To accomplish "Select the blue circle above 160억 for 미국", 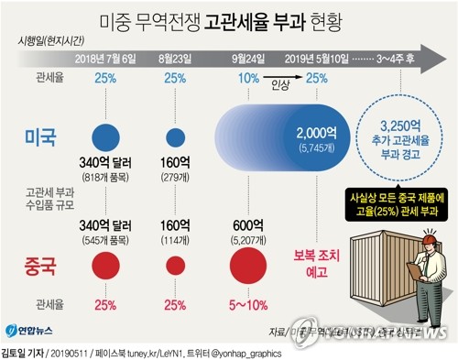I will tap(175, 136).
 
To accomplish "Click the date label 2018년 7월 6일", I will tap(107, 60).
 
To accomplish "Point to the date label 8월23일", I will tap(175, 60).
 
